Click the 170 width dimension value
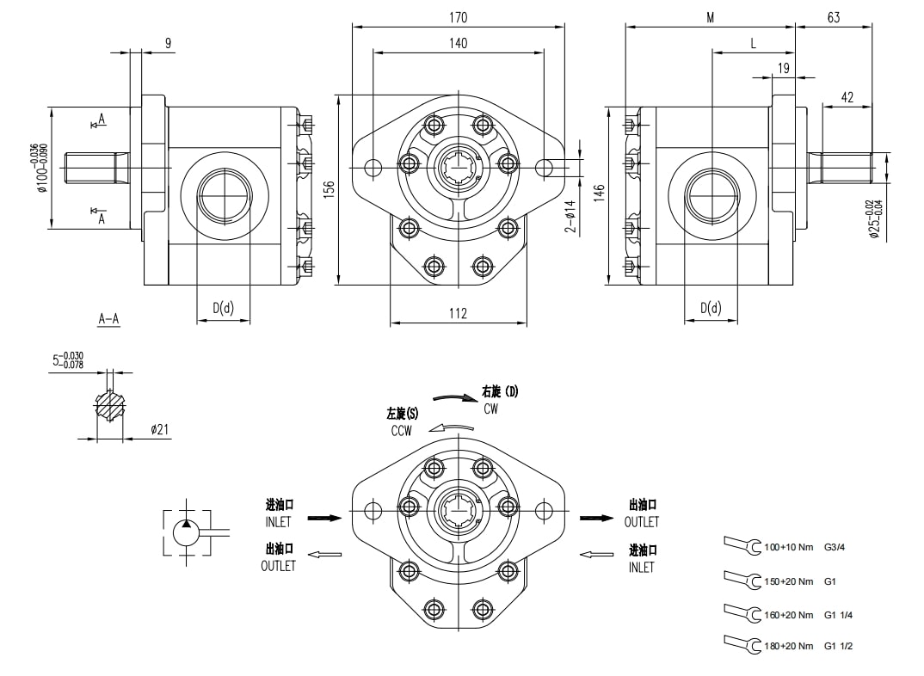pyautogui.click(x=458, y=16)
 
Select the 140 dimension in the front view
pyautogui.click(x=458, y=42)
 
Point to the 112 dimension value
pyautogui.click(x=458, y=314)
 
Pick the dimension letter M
pyautogui.click(x=711, y=16)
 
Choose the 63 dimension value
pyautogui.click(x=833, y=16)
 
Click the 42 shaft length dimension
pyautogui.click(x=847, y=97)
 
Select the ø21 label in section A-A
pyautogui.click(x=158, y=429)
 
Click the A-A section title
pyautogui.click(x=108, y=320)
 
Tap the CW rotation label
pyautogui.click(x=490, y=409)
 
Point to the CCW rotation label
pyautogui.click(x=401, y=431)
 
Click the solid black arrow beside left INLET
pyautogui.click(x=324, y=518)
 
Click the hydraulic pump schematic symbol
pyautogui.click(x=187, y=532)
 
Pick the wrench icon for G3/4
pyautogui.click(x=742, y=545)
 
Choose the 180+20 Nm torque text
pyautogui.click(x=788, y=646)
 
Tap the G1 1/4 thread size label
pyautogui.click(x=838, y=615)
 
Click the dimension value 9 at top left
pyautogui.click(x=167, y=42)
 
